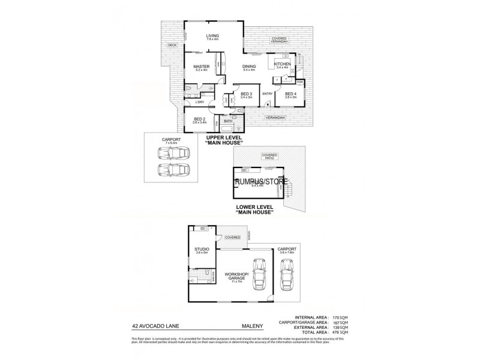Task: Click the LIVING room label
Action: [212, 35]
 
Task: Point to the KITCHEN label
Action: [282, 64]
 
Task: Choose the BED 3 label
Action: [247, 94]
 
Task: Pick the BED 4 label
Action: [290, 94]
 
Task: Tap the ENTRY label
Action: [268, 94]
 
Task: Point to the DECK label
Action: [172, 44]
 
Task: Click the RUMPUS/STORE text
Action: [261, 181]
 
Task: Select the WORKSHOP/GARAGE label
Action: [233, 277]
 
